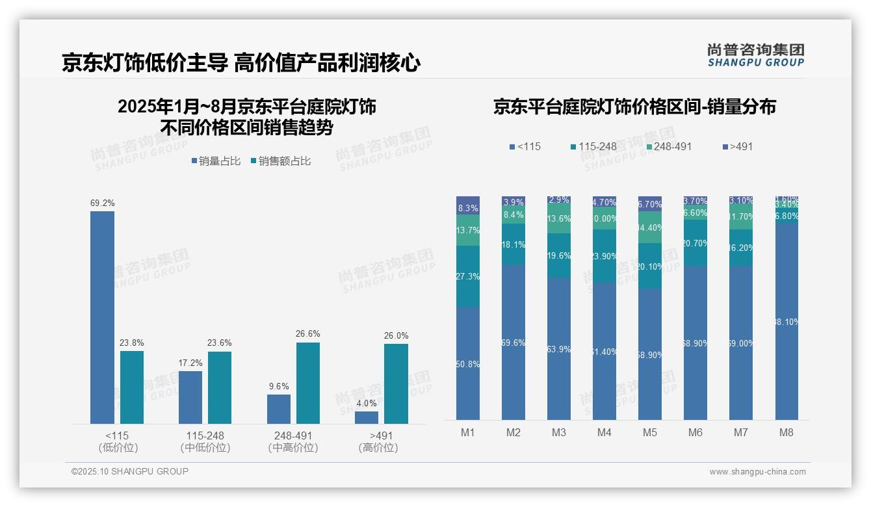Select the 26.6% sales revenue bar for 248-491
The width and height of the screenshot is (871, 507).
pyautogui.click(x=308, y=383)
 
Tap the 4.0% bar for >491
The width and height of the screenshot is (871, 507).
pyautogui.click(x=367, y=417)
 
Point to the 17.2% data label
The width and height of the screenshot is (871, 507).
pyautogui.click(x=190, y=363)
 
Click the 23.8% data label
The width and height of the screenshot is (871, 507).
pyautogui.click(x=131, y=343)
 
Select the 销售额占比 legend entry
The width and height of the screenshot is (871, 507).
pyautogui.click(x=280, y=161)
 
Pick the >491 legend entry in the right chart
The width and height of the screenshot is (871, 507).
pyautogui.click(x=737, y=146)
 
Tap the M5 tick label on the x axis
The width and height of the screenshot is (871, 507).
pyautogui.click(x=650, y=432)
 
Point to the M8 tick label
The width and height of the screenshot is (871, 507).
pyautogui.click(x=786, y=432)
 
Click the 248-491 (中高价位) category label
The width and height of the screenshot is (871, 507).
pyautogui.click(x=293, y=441)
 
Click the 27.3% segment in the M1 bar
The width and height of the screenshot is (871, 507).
pyautogui.click(x=468, y=276)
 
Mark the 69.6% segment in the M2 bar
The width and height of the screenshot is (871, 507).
pyautogui.click(x=513, y=342)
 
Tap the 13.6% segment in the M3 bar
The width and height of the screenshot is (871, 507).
pyautogui.click(x=559, y=219)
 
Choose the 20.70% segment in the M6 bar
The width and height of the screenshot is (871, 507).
pyautogui.click(x=695, y=242)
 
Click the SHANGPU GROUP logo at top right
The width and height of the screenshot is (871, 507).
pyautogui.click(x=755, y=55)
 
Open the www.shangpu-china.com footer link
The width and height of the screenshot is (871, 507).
pyautogui.click(x=757, y=472)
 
